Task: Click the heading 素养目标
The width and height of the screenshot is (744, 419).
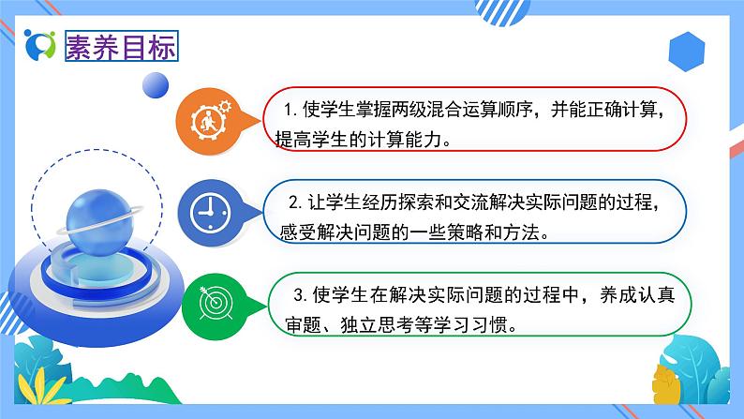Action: [x=120, y=47]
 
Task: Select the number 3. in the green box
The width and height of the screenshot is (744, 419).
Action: [x=300, y=295]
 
